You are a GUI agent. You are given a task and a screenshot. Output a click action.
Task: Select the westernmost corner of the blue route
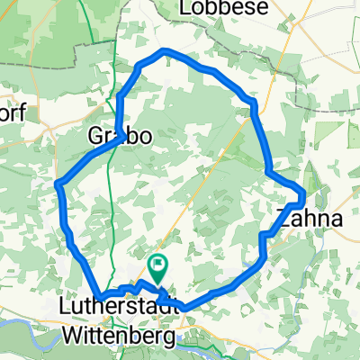point(58,184)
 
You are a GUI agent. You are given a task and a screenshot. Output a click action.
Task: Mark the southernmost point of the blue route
point(184,308)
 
